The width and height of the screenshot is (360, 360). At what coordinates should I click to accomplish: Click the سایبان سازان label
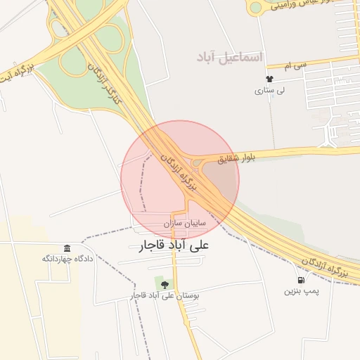pyautogui.click(x=184, y=223)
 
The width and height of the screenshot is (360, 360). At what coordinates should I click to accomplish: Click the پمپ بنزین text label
pyautogui.click(x=302, y=290)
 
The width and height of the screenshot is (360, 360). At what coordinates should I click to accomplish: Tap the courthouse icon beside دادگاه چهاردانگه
pyautogui.click(x=67, y=249)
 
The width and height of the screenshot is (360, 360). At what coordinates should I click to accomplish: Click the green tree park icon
pyautogui.click(x=165, y=285)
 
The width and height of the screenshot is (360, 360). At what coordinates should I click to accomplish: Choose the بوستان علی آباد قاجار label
pyautogui.click(x=166, y=296)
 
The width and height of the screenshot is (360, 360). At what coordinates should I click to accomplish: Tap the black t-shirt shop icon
pyautogui.click(x=269, y=79)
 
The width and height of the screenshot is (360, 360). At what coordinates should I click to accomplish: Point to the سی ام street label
pyautogui.click(x=297, y=65)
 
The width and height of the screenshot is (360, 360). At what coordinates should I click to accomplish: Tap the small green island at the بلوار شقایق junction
pyautogui.click(x=195, y=164)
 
